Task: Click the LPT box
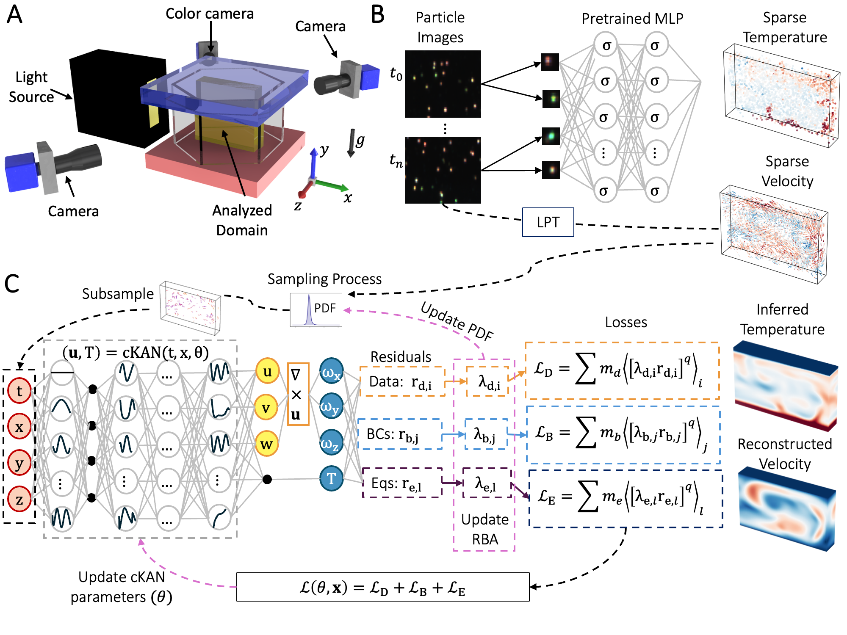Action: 548,222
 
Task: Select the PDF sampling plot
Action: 316,309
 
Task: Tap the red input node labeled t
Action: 19,391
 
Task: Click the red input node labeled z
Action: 19,499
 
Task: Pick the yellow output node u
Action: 267,371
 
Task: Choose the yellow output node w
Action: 266,444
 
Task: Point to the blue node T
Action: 331,478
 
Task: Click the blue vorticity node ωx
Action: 331,371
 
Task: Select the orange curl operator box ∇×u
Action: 298,394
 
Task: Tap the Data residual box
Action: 402,381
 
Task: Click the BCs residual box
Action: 400,434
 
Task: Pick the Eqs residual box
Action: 402,483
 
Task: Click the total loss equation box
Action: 383,587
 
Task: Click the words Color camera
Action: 210,14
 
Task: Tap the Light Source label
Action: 31,87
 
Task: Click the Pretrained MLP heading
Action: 632,18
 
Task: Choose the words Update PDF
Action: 457,322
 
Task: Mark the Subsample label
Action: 118,293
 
